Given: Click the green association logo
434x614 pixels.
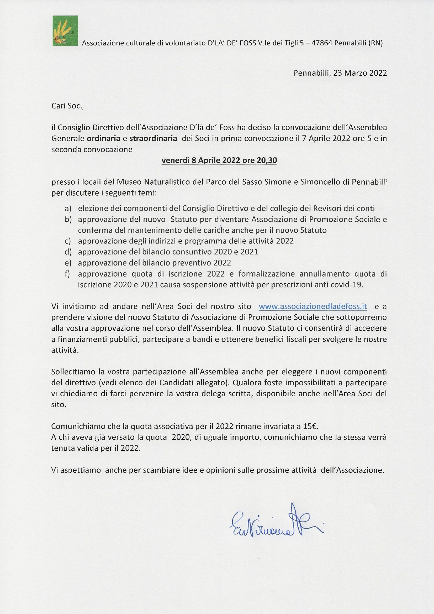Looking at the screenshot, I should click(x=65, y=31).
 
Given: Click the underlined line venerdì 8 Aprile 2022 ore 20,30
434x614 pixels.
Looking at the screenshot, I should click(x=219, y=160).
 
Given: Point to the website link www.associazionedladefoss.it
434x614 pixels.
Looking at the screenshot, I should click(x=313, y=307).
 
